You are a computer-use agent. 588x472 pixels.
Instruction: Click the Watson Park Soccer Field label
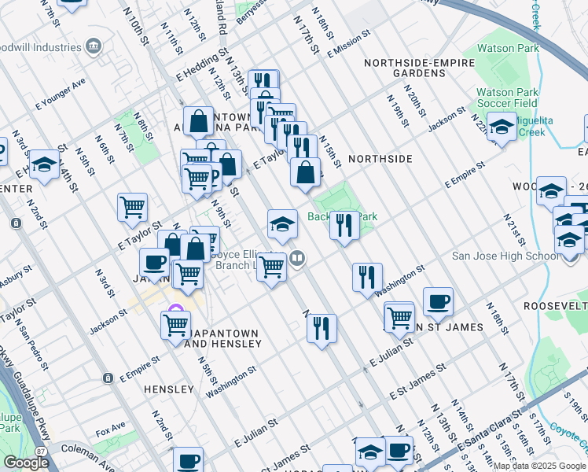coord(507,97)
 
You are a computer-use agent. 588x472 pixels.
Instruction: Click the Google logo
coord(26,463)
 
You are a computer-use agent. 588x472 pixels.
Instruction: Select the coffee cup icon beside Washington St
coord(438,301)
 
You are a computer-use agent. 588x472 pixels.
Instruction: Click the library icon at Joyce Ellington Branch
coord(296,257)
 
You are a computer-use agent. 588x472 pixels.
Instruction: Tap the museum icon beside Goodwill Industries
coord(94,46)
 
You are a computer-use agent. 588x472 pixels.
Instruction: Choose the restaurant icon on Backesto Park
coord(344,225)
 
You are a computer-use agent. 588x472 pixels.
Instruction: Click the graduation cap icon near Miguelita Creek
coord(501,125)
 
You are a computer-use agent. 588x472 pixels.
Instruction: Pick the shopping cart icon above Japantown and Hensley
coord(176,324)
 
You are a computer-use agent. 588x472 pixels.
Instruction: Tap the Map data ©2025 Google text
coord(539,466)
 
